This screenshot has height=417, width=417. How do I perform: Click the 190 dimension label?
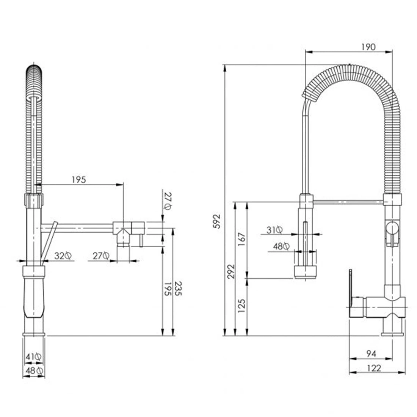(x=368, y=47)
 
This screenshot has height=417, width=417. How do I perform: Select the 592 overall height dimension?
(x=217, y=221)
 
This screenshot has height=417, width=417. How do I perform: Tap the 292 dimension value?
(x=231, y=271)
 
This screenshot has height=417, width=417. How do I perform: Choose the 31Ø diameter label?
(x=275, y=230)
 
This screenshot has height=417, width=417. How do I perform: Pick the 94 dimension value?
(x=371, y=354)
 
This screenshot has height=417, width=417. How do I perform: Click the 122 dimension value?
(x=374, y=368)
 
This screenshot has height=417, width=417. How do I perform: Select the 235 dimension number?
(x=178, y=289)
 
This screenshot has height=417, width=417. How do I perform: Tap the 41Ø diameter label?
(x=33, y=357)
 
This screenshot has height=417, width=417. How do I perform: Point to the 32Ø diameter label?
(x=63, y=256)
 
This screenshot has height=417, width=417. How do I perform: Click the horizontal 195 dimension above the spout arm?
(x=79, y=180)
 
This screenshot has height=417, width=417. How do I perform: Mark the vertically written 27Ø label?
(x=168, y=201)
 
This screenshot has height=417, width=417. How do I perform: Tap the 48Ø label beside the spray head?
(x=281, y=246)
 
